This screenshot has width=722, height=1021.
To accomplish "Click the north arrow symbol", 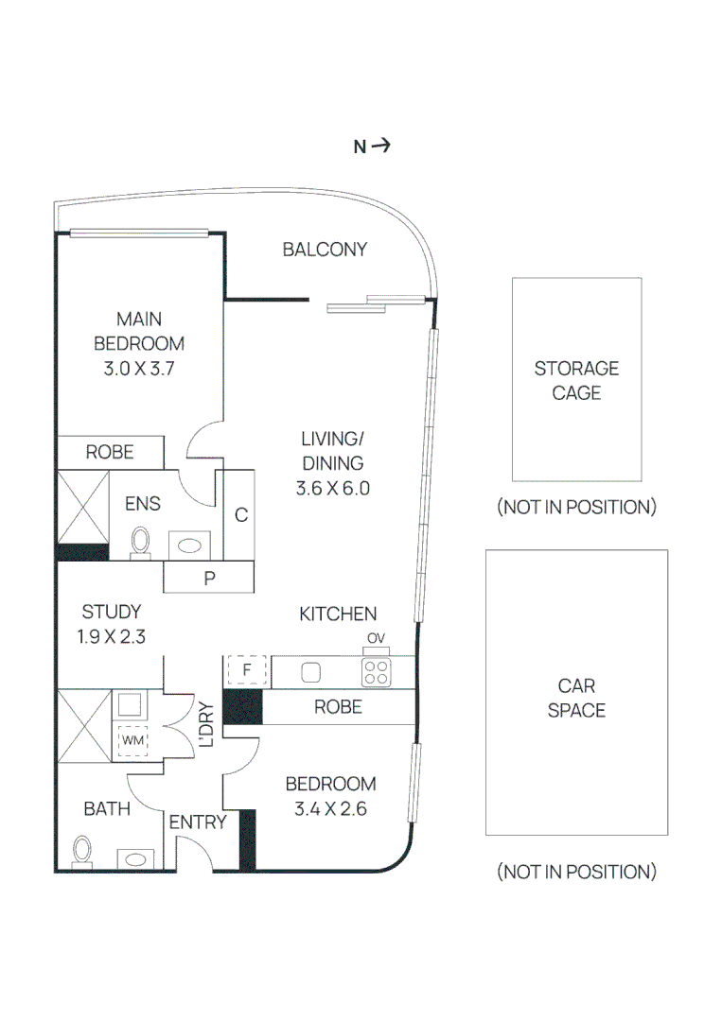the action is (381, 146).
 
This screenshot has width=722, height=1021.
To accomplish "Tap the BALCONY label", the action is (325, 250).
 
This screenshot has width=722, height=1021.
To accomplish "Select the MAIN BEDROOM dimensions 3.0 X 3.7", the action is (139, 369).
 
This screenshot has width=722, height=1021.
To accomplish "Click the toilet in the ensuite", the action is (140, 543).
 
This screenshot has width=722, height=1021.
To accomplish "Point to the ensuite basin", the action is (189, 545).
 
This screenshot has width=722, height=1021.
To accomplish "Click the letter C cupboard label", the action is (241, 515).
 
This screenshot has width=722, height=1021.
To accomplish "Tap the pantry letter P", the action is (209, 579).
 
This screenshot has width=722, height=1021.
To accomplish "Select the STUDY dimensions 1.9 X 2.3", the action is (112, 636).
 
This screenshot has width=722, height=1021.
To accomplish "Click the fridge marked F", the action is (246, 670).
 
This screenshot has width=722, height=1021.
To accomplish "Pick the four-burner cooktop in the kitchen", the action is (376, 673).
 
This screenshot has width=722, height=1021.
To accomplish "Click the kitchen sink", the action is (310, 672).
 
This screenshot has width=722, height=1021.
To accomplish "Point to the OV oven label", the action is (376, 638).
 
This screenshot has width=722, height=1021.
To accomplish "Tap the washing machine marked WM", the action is (132, 740).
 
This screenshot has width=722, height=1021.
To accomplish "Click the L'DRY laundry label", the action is (206, 724).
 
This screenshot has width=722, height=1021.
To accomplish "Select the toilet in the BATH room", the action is (81, 851).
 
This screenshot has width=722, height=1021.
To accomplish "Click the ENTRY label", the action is (198, 822).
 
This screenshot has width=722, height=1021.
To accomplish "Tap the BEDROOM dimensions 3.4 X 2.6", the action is (330, 808).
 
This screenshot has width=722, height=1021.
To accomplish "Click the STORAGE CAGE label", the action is (576, 380).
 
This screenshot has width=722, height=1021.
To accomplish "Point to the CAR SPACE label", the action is (576, 698).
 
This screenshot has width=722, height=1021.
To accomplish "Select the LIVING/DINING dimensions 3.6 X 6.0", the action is (332, 489).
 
